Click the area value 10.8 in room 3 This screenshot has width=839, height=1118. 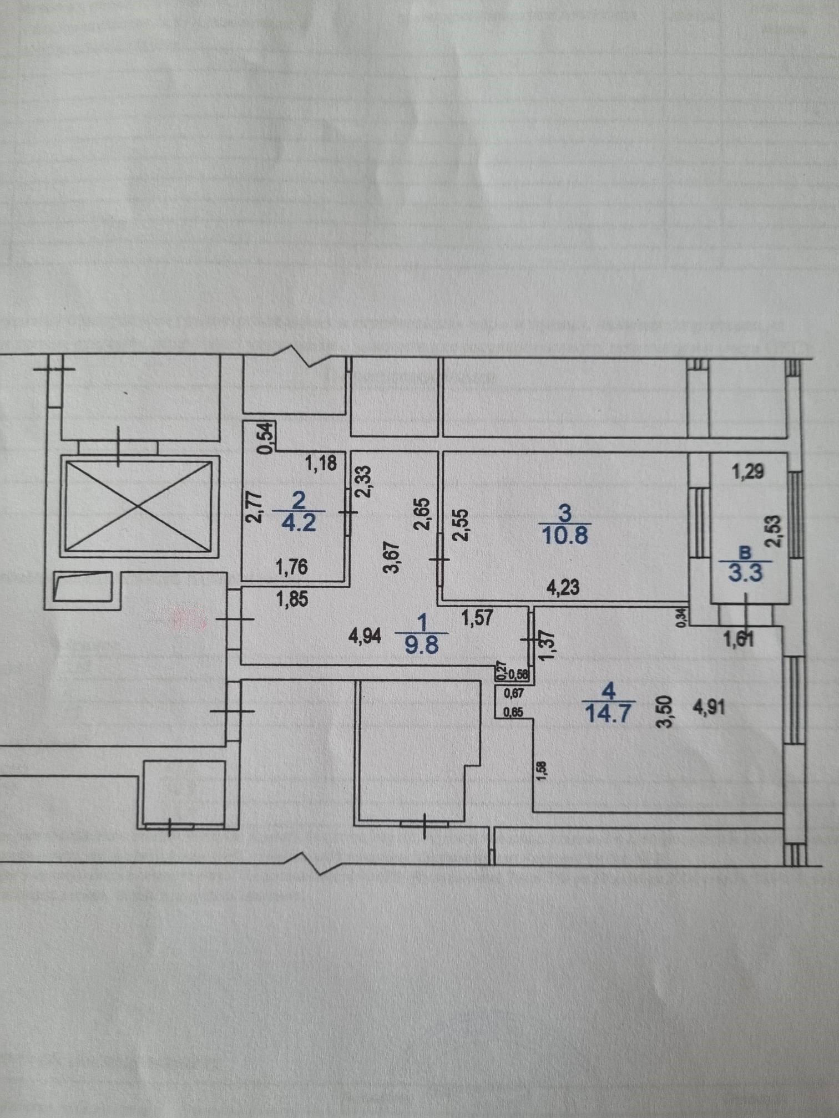point(565,536)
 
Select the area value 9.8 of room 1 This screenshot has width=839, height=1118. point(422,646)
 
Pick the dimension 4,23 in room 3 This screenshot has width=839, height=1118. point(563,587)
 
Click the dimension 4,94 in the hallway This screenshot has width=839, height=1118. point(365,637)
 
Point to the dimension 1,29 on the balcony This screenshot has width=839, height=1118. point(749,472)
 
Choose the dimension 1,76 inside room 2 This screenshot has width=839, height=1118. point(292,567)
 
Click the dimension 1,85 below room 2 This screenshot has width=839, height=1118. point(292,600)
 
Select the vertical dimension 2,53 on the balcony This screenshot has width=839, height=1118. point(774,531)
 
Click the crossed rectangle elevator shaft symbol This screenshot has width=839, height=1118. point(137,506)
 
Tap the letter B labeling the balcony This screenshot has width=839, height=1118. point(746,552)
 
